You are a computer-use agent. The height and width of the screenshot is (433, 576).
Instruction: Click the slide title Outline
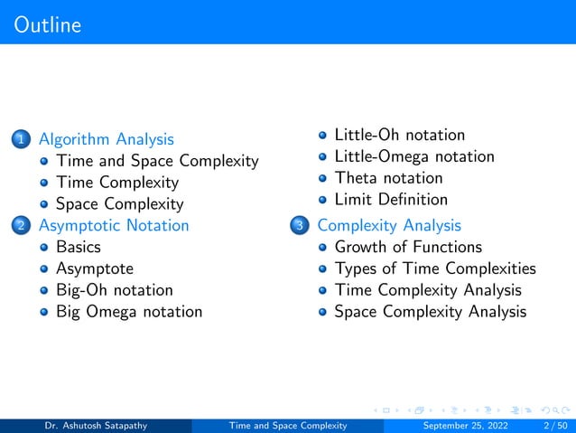[x=48, y=24]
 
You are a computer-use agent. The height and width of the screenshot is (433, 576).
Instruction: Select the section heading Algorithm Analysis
[x=106, y=139]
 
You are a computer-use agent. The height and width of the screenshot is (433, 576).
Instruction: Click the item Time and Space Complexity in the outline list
[x=157, y=161]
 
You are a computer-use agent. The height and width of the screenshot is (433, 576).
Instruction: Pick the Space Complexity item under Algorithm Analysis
[x=119, y=204]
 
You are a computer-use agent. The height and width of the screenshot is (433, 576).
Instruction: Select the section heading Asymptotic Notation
[x=113, y=225]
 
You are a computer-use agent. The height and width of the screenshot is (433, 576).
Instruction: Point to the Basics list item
[x=78, y=247]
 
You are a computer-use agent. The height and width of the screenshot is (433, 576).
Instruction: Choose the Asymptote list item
[x=94, y=268]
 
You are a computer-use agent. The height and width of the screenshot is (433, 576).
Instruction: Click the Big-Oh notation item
[x=114, y=290]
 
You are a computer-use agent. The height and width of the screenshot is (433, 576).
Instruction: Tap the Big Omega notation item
[x=129, y=312]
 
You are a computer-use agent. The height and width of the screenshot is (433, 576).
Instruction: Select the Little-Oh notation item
[x=399, y=135]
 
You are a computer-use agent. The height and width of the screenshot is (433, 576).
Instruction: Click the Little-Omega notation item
[x=413, y=156]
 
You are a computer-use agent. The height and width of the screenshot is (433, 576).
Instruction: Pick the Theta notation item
[x=388, y=178]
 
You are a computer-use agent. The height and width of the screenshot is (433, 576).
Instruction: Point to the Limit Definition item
[x=390, y=200]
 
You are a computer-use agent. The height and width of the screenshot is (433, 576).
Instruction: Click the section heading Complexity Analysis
[x=389, y=225]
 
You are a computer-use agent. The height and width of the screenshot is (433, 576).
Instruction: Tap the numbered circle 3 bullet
[x=301, y=226]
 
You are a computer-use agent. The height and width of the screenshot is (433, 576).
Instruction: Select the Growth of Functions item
[x=408, y=247]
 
